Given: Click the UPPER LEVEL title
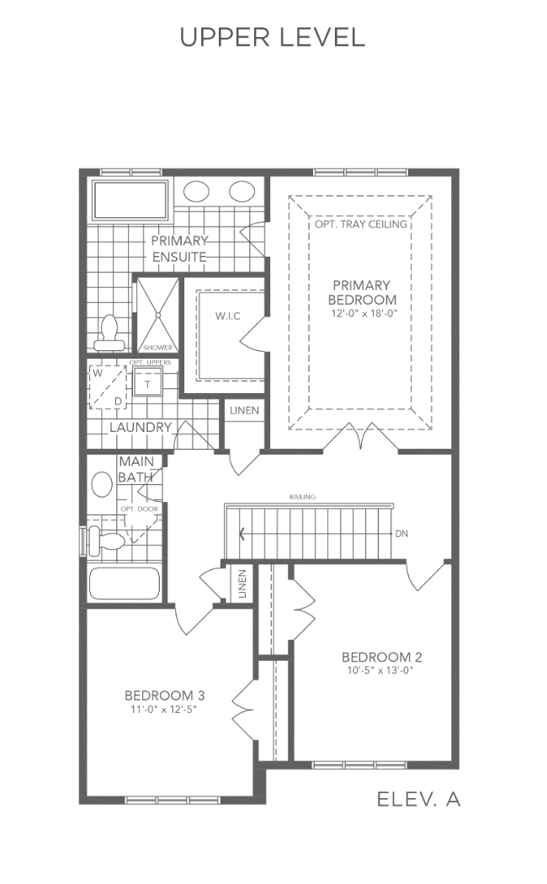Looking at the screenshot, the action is (273, 37).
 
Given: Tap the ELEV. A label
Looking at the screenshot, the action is (418, 799).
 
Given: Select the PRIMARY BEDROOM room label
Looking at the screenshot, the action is (362, 292).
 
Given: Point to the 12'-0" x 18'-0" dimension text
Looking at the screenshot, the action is (364, 313).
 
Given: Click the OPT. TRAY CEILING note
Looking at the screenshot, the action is (361, 224).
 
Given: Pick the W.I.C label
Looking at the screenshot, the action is (227, 316).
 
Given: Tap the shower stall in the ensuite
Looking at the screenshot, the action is (157, 315).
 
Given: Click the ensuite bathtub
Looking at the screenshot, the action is (130, 200).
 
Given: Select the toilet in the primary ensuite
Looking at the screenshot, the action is (109, 333).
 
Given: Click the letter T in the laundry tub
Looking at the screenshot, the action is (148, 385).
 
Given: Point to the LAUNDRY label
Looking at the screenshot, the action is (141, 428).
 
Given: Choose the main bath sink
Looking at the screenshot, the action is (102, 485).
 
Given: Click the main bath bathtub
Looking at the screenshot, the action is (125, 583).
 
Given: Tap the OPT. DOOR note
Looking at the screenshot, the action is (139, 509).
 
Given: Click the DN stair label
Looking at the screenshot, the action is (401, 533).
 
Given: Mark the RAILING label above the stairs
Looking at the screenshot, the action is (302, 497).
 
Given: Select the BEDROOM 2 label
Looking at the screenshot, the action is (382, 657).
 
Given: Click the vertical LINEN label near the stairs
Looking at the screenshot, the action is (242, 583).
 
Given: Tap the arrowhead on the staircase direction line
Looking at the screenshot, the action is (242, 533).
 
